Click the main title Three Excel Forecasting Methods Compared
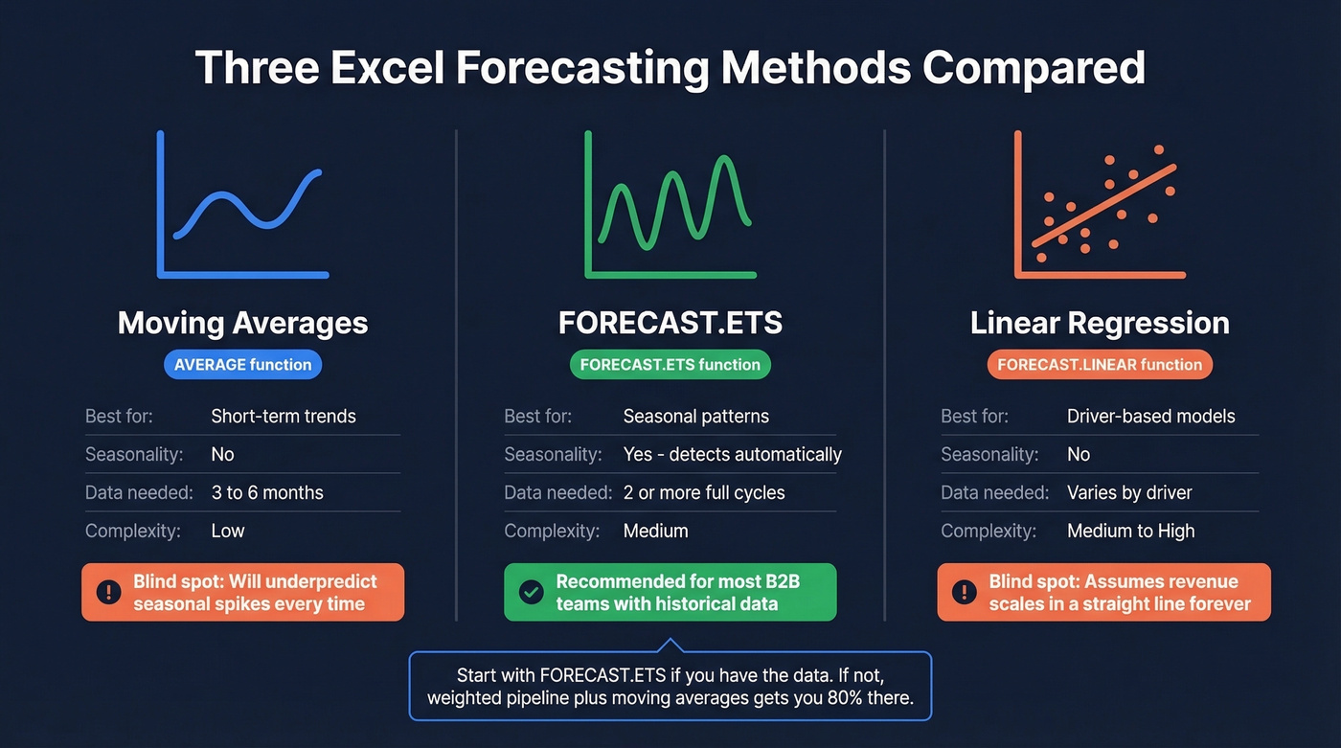click(x=670, y=69)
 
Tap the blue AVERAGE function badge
click(x=243, y=365)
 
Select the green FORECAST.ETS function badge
click(x=670, y=365)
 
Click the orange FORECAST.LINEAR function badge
click(x=1100, y=365)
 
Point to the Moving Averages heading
click(x=243, y=323)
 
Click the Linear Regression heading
click(x=1100, y=323)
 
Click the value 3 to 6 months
click(x=267, y=493)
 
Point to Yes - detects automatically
click(x=732, y=455)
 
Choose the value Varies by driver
click(x=1129, y=493)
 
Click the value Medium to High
click(x=1130, y=532)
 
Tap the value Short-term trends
click(x=284, y=417)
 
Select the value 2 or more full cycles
click(x=704, y=493)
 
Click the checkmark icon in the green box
click(x=531, y=593)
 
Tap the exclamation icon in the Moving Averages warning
click(x=108, y=593)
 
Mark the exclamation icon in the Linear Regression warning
click(x=964, y=593)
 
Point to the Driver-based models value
click(x=1150, y=417)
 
